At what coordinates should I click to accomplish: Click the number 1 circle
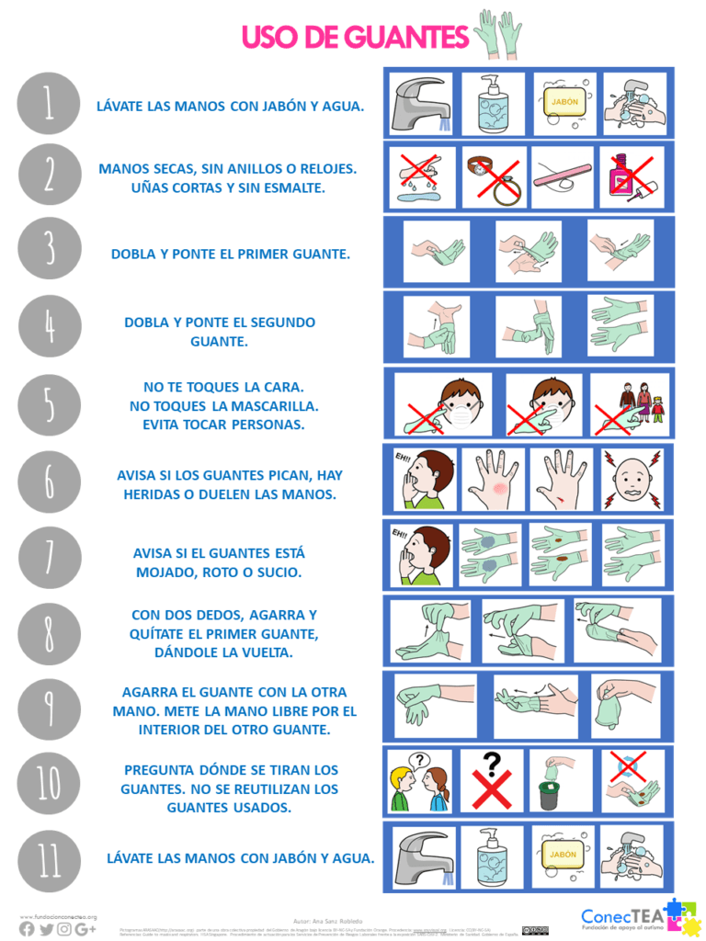pyautogui.click(x=49, y=104)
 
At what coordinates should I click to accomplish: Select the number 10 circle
pyautogui.click(x=49, y=783)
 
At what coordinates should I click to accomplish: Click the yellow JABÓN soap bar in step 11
pyautogui.click(x=564, y=855)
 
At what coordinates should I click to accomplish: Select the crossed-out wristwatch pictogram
pyautogui.click(x=494, y=176)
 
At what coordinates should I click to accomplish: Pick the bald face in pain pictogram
pyautogui.click(x=631, y=480)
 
